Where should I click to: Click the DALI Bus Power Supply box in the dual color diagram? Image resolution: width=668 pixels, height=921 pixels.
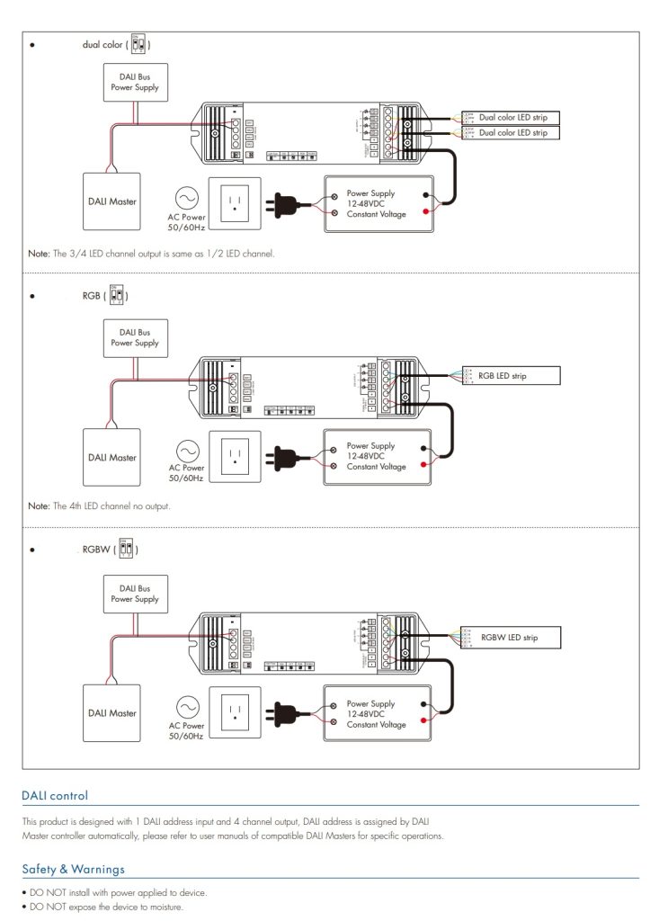pos(135,83)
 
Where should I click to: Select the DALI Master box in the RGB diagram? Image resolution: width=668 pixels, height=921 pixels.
pos(112,458)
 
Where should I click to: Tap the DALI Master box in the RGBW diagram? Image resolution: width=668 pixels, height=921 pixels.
pos(112,713)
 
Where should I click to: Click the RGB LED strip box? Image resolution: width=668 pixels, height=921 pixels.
pos(509,376)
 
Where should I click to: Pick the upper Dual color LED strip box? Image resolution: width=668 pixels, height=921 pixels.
pos(512,118)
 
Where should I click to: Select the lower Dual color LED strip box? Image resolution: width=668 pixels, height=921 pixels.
pos(512,133)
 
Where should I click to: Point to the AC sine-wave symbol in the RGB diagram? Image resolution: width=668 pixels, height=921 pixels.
pos(187,450)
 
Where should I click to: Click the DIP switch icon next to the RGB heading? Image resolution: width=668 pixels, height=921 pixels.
pos(118,295)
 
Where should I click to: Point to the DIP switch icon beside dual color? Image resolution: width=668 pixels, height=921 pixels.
pos(138,43)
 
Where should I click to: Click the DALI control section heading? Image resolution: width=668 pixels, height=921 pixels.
pos(55,796)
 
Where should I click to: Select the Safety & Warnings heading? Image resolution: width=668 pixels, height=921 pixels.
pos(73,869)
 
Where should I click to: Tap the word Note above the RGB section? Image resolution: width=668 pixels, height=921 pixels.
pos(39,254)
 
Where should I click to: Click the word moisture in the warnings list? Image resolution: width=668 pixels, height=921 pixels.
pos(165,908)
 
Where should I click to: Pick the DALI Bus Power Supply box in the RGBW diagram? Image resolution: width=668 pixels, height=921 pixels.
pos(135,594)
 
